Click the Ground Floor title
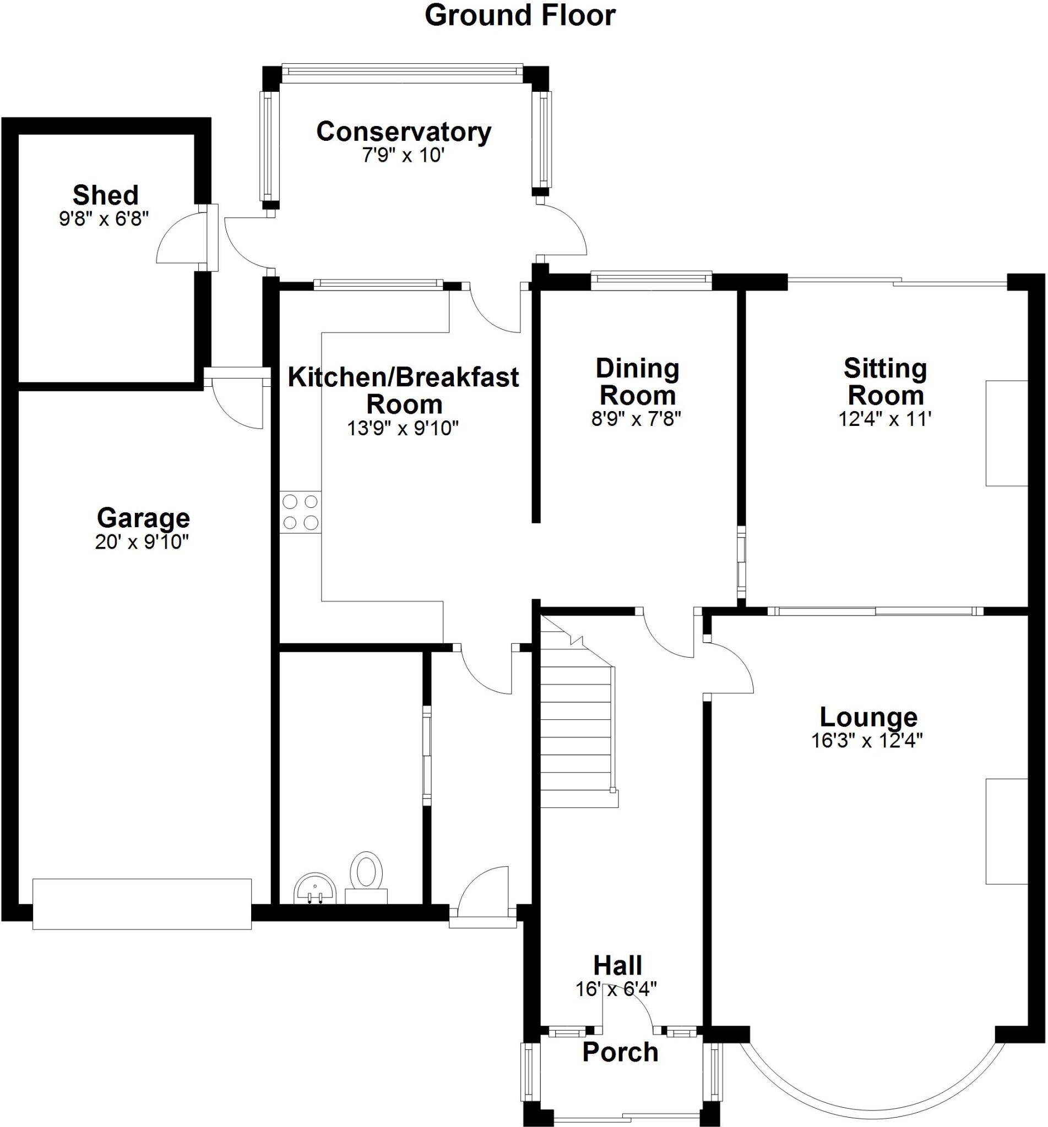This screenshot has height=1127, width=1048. point(520,16)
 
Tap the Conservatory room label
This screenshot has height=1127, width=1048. point(403,132)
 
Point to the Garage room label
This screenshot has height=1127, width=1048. point(143,517)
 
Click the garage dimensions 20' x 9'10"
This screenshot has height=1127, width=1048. point(142,542)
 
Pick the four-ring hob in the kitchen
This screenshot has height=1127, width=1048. point(301,512)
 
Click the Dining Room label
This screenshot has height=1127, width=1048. point(637,382)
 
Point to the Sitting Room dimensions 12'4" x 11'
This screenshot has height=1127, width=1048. point(884,419)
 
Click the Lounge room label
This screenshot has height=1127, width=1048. point(868,718)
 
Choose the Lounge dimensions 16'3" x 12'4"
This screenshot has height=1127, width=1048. point(867,741)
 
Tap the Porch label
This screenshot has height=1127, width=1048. point(621,1052)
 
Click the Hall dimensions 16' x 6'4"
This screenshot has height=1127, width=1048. point(616,989)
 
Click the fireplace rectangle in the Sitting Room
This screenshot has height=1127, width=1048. point(1007,433)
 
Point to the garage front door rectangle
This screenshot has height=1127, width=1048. point(142,904)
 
